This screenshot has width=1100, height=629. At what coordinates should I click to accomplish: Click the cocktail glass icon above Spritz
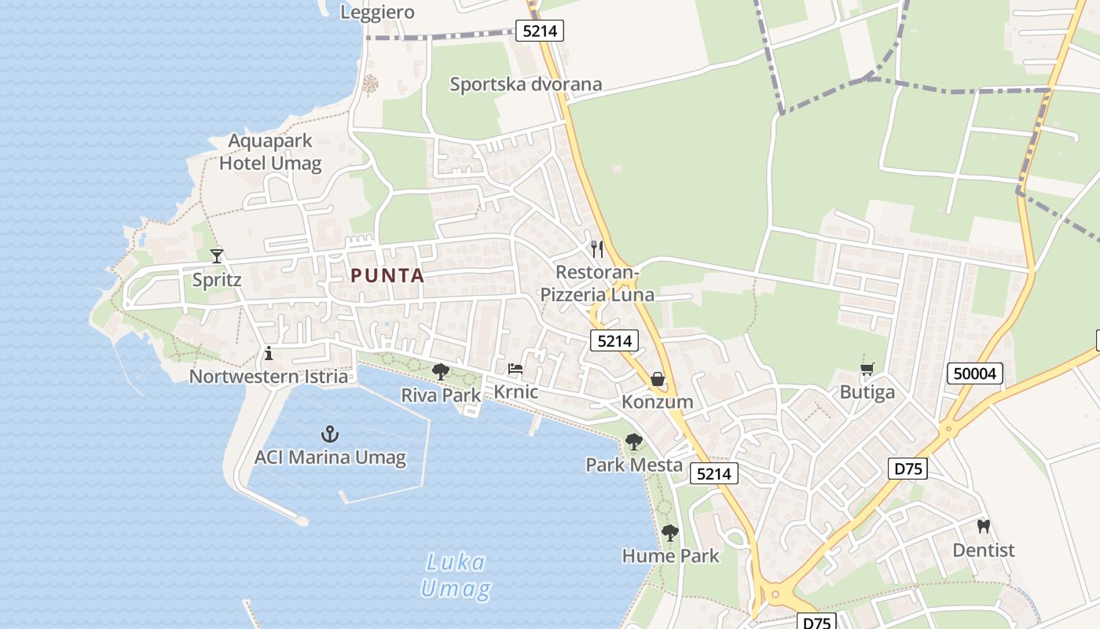[x=217, y=256]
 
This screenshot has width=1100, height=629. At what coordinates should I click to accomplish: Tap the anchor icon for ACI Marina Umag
[x=330, y=433]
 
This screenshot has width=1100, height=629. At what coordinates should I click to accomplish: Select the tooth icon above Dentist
[x=983, y=526]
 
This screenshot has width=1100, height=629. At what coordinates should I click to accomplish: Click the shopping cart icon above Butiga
[x=867, y=369]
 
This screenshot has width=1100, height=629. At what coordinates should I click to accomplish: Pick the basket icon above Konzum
[x=657, y=379]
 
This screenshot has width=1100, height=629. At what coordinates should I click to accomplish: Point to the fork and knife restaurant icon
[x=597, y=249]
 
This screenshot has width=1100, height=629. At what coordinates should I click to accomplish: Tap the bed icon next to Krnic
[x=515, y=368]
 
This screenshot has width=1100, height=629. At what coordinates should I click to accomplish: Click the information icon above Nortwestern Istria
[x=269, y=353]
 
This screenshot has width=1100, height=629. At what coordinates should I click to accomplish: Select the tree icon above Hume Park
[x=669, y=533]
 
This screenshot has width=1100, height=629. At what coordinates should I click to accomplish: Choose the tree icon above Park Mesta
[x=634, y=442]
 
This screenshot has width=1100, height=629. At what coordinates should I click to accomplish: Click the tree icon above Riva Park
[x=441, y=372]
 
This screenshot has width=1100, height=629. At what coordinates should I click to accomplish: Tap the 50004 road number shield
[x=975, y=373]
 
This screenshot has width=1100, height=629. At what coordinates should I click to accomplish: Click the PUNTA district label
[x=387, y=276]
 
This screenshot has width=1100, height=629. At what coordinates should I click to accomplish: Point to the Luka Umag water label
[x=456, y=575]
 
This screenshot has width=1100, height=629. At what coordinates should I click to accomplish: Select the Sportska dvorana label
[x=526, y=84]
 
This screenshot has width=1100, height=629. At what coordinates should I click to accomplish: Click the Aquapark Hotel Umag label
[x=270, y=153]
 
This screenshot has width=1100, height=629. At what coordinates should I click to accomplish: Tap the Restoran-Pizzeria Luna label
[x=597, y=284]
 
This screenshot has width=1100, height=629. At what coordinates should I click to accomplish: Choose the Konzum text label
[x=658, y=402]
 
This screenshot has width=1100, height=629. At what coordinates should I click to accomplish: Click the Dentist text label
[x=984, y=550]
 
